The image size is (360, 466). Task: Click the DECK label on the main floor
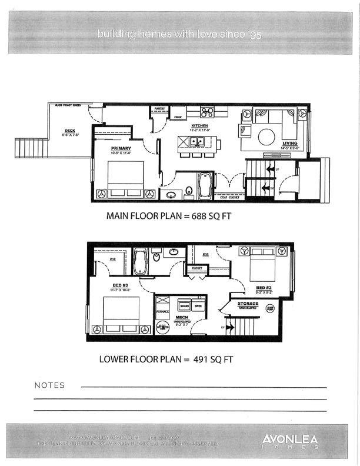(70, 131)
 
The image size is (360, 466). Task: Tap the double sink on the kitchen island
(196, 141)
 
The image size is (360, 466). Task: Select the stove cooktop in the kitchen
(206, 111)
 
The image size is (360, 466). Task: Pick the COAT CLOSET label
(227, 198)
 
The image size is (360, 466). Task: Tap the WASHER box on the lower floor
(184, 307)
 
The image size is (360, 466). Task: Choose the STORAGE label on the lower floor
(248, 303)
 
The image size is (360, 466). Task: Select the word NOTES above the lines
(50, 386)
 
